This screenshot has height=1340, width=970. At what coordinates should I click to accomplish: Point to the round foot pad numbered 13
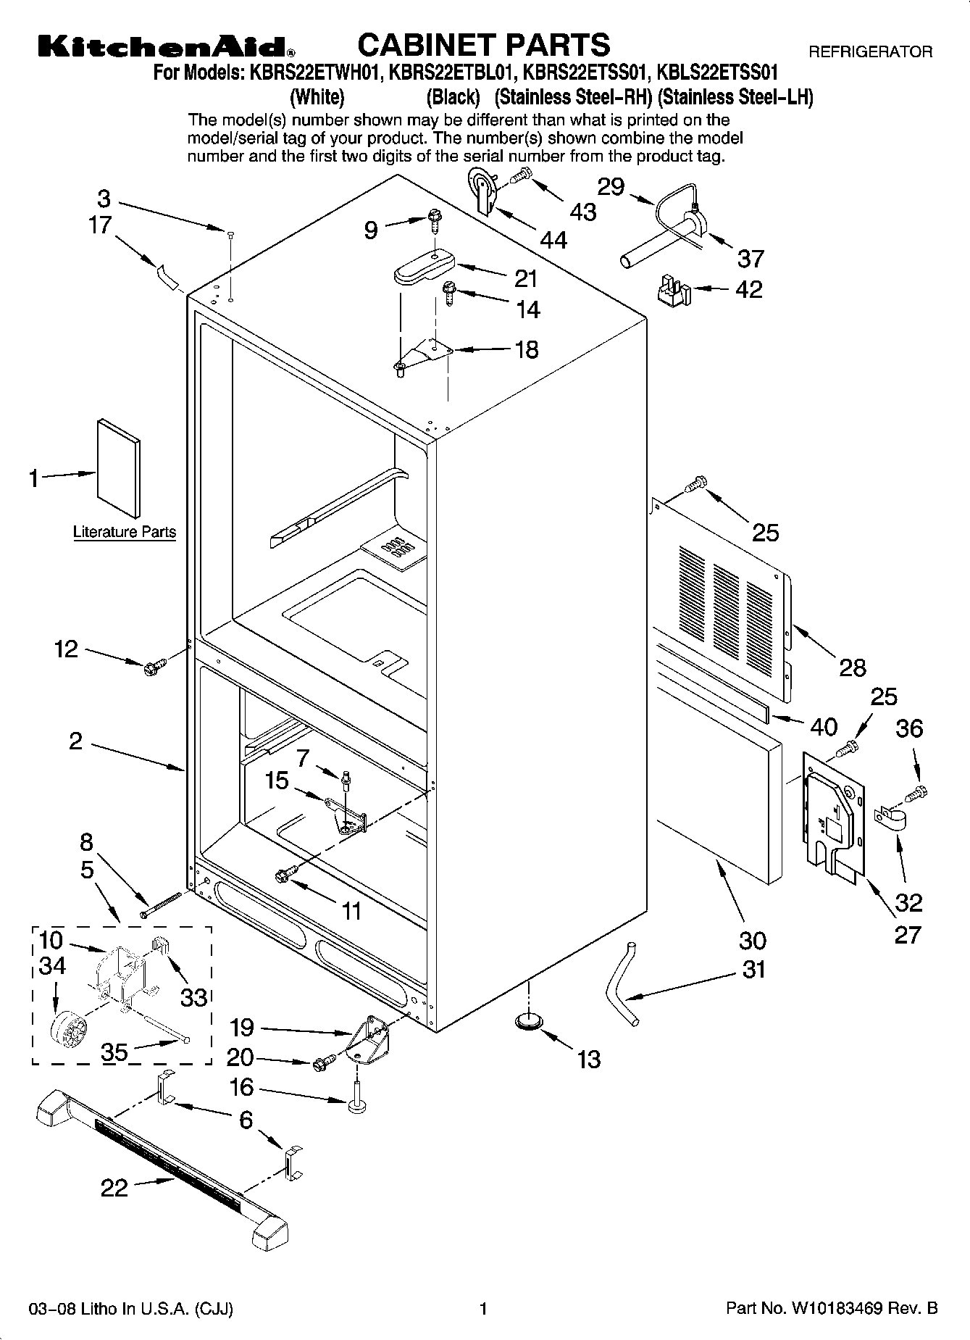pyautogui.click(x=529, y=1021)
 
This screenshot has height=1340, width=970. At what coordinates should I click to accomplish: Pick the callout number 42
pyautogui.click(x=748, y=289)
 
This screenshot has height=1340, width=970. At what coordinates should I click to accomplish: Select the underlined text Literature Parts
pyautogui.click(x=125, y=532)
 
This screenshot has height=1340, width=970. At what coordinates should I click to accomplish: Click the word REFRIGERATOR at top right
pyautogui.click(x=870, y=52)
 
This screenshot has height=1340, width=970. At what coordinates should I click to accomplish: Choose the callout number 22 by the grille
pyautogui.click(x=114, y=1187)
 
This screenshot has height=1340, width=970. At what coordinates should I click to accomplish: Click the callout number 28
pyautogui.click(x=852, y=667)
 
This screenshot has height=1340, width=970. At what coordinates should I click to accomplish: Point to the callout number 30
pyautogui.click(x=752, y=940)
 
